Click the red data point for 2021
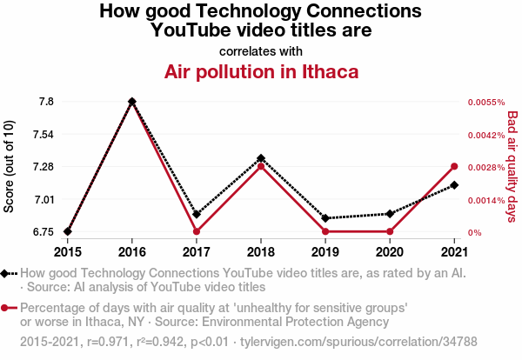pyautogui.click(x=454, y=166)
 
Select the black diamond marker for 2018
pyautogui.click(x=261, y=158)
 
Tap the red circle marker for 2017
pyautogui.click(x=197, y=231)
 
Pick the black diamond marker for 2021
pyautogui.click(x=454, y=184)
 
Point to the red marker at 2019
pyautogui.click(x=325, y=231)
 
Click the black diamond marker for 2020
pyautogui.click(x=390, y=213)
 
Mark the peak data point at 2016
pyautogui.click(x=132, y=102)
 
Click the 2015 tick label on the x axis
pyautogui.click(x=67, y=252)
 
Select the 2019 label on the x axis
pyautogui.click(x=325, y=252)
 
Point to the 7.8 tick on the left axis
pyautogui.click(x=46, y=102)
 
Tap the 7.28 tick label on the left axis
pyautogui.click(x=41, y=166)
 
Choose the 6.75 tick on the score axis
pyautogui.click(x=41, y=231)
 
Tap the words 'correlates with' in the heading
pyautogui.click(x=260, y=50)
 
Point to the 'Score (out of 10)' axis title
pyautogui.click(x=10, y=166)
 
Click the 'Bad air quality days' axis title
pyautogui.click(x=512, y=166)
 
